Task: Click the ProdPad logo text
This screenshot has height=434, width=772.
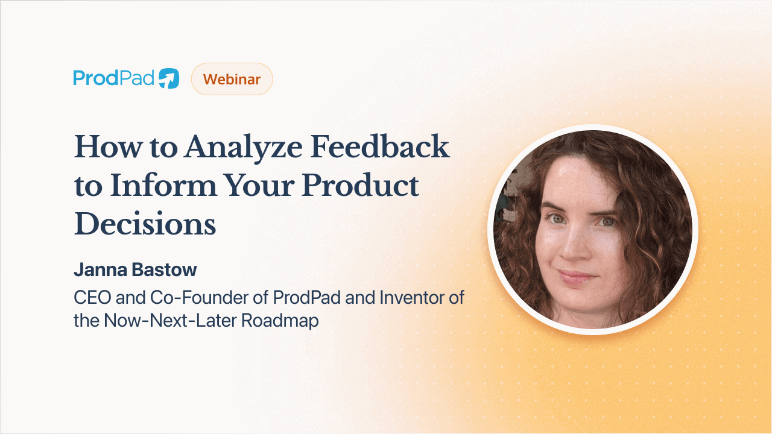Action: [114, 78]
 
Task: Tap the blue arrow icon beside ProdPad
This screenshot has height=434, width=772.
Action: [169, 79]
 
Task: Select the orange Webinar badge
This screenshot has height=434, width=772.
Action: [232, 79]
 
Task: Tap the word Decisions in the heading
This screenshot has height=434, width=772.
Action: [145, 224]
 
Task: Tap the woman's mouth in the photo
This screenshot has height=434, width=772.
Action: [576, 277]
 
